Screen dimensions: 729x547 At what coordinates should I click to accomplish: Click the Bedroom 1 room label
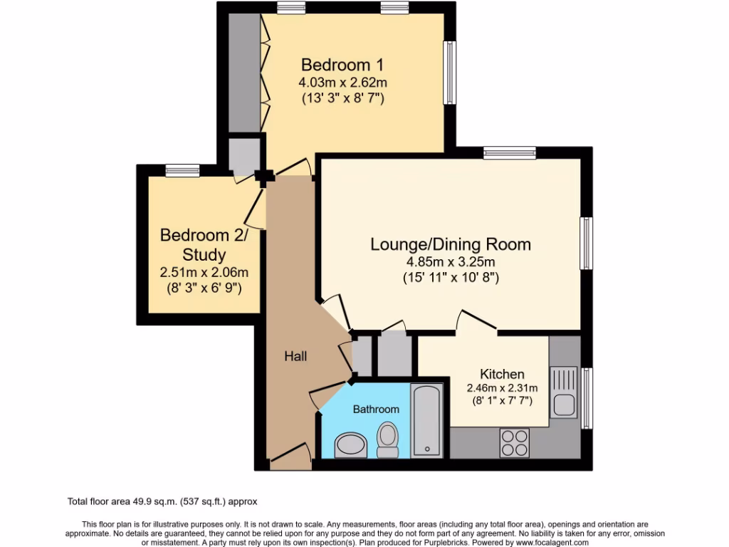point(342,65)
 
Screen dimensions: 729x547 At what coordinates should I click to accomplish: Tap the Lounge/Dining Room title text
point(451,244)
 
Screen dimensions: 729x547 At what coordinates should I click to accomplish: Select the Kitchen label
point(502,374)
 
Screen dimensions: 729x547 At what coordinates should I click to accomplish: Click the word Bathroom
point(376,410)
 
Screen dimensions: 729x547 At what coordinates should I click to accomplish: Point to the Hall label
point(295,356)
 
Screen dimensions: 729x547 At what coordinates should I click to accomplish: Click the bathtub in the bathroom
point(427,420)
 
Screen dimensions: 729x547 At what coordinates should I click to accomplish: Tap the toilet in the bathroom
point(387,439)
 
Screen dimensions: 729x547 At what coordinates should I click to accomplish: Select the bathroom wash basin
point(350,445)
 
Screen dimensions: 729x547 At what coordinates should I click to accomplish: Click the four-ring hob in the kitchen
point(514,443)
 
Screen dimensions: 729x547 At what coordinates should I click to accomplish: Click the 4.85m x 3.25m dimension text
point(451,262)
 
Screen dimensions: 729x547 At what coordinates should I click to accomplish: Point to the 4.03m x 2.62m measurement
point(342,83)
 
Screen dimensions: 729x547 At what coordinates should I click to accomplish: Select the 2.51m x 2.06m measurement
point(204,272)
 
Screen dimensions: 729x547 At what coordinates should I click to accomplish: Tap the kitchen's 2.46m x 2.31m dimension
point(502,388)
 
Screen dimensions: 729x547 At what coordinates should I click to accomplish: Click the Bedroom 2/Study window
point(183,171)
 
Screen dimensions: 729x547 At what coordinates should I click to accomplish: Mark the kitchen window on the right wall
point(587,398)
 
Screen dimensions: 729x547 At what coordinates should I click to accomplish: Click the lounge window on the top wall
point(510,152)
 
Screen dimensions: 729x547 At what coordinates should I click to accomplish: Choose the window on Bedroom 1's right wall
point(450,73)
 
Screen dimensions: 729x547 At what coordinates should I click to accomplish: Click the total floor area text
point(162,502)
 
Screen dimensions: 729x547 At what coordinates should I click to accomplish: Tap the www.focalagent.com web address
point(552,543)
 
